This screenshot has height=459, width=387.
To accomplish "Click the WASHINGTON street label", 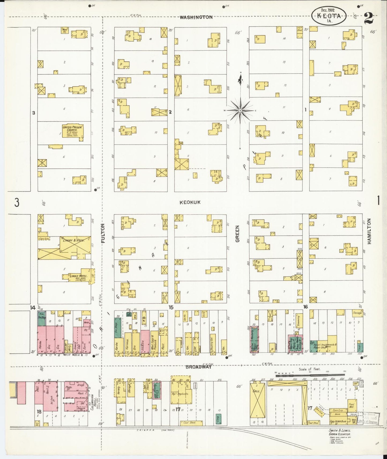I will point(196,17).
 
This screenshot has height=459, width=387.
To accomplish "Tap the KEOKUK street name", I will point(190,203).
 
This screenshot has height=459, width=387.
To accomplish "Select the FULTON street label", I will point(103,237).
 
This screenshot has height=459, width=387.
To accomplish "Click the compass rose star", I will point(240,110).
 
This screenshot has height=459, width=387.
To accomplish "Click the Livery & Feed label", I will point(74,240).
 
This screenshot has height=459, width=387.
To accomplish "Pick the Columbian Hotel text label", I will point(93,401).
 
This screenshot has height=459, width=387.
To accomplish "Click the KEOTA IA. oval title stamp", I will point(329,16).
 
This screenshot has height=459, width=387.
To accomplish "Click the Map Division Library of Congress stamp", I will point(368,418).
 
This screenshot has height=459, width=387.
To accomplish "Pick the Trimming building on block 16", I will point(298,321).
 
